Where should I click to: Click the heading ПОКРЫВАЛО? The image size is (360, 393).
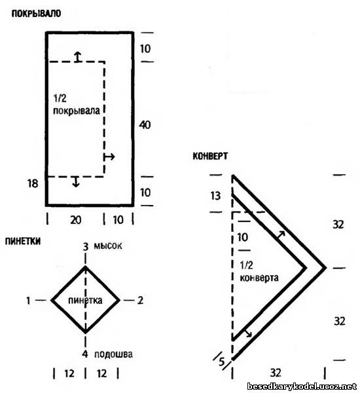click(36, 13)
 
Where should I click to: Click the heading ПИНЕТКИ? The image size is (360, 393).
click(23, 241)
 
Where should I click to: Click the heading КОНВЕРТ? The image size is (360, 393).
click(210, 156)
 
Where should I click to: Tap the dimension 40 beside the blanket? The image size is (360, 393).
click(145, 125)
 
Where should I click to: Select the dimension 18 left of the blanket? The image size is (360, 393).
click(33, 183)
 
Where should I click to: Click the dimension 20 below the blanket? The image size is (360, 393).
click(76, 220)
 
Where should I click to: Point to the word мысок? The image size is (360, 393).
click(108, 246)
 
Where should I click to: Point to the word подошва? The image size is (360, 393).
click(113, 354)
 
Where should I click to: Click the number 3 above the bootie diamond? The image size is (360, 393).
click(86, 247)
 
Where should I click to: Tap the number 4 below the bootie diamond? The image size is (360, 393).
click(85, 354)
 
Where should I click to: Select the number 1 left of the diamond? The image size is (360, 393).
click(28, 300)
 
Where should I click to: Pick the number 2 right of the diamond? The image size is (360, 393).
click(140, 300)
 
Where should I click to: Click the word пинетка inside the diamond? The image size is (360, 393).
click(85, 300)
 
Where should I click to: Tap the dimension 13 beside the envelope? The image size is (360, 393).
click(215, 196)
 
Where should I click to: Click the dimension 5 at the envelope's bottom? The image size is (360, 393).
click(221, 362)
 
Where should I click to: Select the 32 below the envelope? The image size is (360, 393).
click(276, 373)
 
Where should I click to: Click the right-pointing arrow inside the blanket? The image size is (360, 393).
click(109, 157)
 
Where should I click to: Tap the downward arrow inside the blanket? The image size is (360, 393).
click(76, 181)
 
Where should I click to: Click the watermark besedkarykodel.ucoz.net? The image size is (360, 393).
click(302, 386)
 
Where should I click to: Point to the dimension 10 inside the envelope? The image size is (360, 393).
click(242, 237)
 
